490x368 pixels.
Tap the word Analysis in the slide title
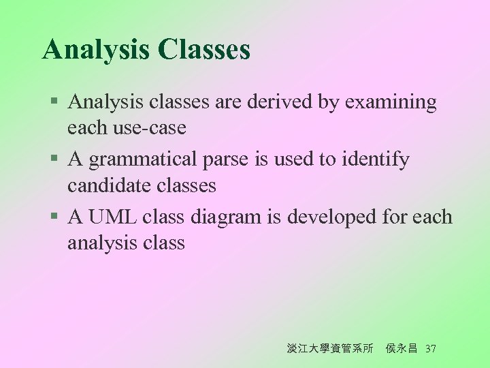click(x=96, y=50)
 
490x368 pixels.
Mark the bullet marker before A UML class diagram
click(x=54, y=217)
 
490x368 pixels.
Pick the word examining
click(x=391, y=102)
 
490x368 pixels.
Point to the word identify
click(x=378, y=160)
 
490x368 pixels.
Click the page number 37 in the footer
click(x=430, y=349)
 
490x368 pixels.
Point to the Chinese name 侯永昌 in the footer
click(x=402, y=349)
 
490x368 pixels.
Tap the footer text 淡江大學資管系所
click(x=330, y=349)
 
